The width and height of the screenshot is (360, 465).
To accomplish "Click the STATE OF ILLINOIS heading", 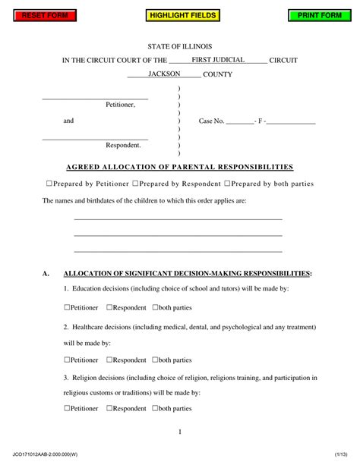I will pyautogui.click(x=179, y=46).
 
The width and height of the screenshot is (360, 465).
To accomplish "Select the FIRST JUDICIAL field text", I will pyautogui.click(x=217, y=59).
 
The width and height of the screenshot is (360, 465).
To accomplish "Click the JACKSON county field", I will pyautogui.click(x=164, y=74).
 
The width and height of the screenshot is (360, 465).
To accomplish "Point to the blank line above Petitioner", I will pyautogui.click(x=95, y=99).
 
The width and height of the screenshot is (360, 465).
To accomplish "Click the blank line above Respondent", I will pyautogui.click(x=95, y=138).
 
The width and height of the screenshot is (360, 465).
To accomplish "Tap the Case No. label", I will pyautogui.click(x=211, y=121).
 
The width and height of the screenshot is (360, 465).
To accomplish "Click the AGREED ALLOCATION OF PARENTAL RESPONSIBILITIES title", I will pyautogui.click(x=179, y=167).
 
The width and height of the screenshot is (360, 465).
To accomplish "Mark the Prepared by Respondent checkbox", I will pyautogui.click(x=135, y=184).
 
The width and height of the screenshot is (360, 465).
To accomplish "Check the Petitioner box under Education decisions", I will pyautogui.click(x=67, y=307).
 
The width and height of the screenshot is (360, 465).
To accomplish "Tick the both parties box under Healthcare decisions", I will pyautogui.click(x=156, y=360).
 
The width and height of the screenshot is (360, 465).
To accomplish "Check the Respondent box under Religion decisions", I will pyautogui.click(x=110, y=408).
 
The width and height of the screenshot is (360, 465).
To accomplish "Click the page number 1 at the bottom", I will pyautogui.click(x=179, y=432).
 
